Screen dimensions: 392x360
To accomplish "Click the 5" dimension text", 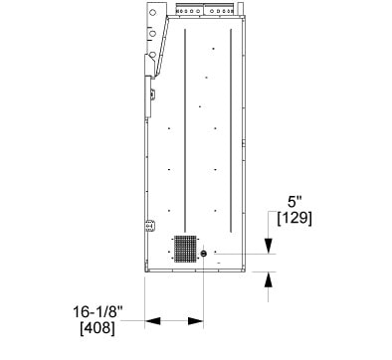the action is pyautogui.click(x=294, y=202).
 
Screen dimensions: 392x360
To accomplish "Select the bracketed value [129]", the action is pyautogui.click(x=294, y=218).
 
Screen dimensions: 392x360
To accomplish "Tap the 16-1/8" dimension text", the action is pyautogui.click(x=98, y=312).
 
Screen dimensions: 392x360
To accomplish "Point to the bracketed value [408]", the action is pyautogui.click(x=98, y=328).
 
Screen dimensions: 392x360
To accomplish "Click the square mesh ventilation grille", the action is pyautogui.click(x=185, y=249).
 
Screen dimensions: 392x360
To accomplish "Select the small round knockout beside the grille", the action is pyautogui.click(x=204, y=254).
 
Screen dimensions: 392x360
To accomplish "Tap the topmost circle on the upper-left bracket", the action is pyautogui.click(x=152, y=13).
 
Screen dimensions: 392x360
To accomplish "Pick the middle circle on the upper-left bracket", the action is pyautogui.click(x=152, y=34).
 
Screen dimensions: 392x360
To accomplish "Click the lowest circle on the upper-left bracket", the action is pyautogui.click(x=152, y=55).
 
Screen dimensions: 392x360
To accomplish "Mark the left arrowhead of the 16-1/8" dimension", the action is pyautogui.click(x=152, y=321).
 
